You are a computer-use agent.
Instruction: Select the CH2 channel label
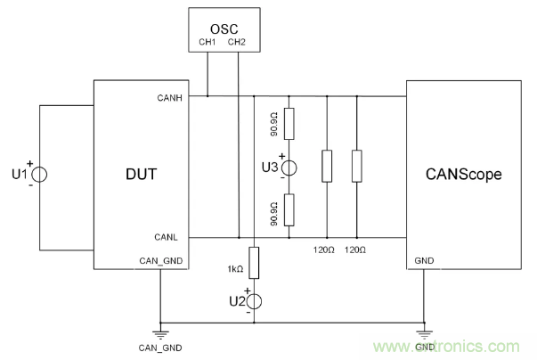click(237, 41)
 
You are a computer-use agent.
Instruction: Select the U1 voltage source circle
click(38, 175)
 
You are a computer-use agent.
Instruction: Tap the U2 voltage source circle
click(254, 301)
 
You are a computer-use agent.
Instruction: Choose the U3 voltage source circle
click(291, 167)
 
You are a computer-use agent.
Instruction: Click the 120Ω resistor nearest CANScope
click(356, 166)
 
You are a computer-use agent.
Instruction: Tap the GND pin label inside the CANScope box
click(425, 261)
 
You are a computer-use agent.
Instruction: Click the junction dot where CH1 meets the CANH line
click(207, 95)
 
